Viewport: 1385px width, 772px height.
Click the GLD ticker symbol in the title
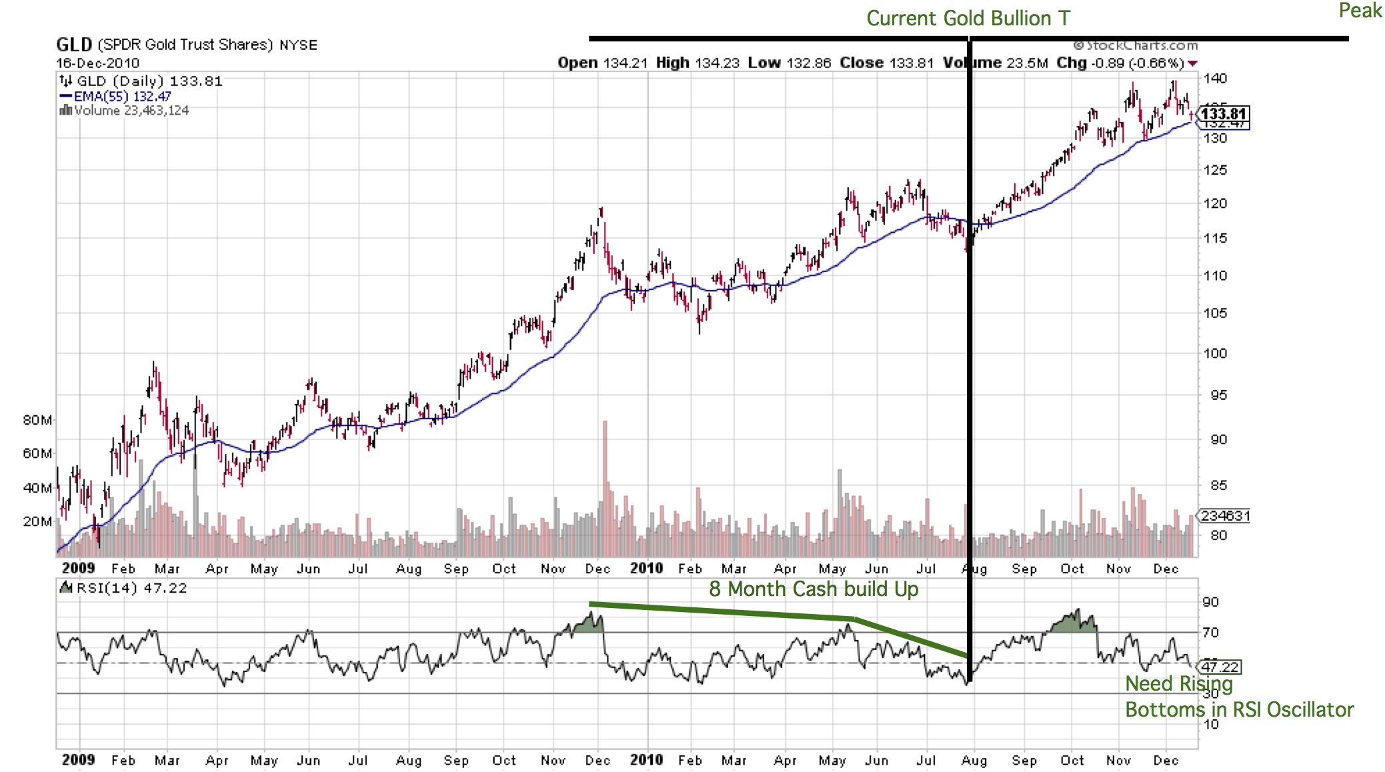coord(74,45)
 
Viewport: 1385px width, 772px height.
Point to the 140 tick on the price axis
coord(1215,78)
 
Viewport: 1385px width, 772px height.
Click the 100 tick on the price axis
coord(1215,353)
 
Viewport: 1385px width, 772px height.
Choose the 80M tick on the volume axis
coord(37,420)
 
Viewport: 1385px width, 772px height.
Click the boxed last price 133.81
coord(1224,114)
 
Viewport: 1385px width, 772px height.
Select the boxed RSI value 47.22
coord(1220,667)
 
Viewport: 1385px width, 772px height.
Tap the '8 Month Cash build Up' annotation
coord(814,589)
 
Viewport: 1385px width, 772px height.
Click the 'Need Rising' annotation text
coord(1178,684)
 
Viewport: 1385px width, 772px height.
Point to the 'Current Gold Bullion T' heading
coord(968,18)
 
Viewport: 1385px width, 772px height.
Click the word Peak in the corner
coord(1360,11)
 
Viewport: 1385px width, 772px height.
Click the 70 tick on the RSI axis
coord(1211,632)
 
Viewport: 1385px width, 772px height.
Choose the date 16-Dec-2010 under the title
coord(98,63)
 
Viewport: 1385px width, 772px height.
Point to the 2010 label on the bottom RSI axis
coord(646,760)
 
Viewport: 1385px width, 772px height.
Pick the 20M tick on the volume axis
coord(37,521)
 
